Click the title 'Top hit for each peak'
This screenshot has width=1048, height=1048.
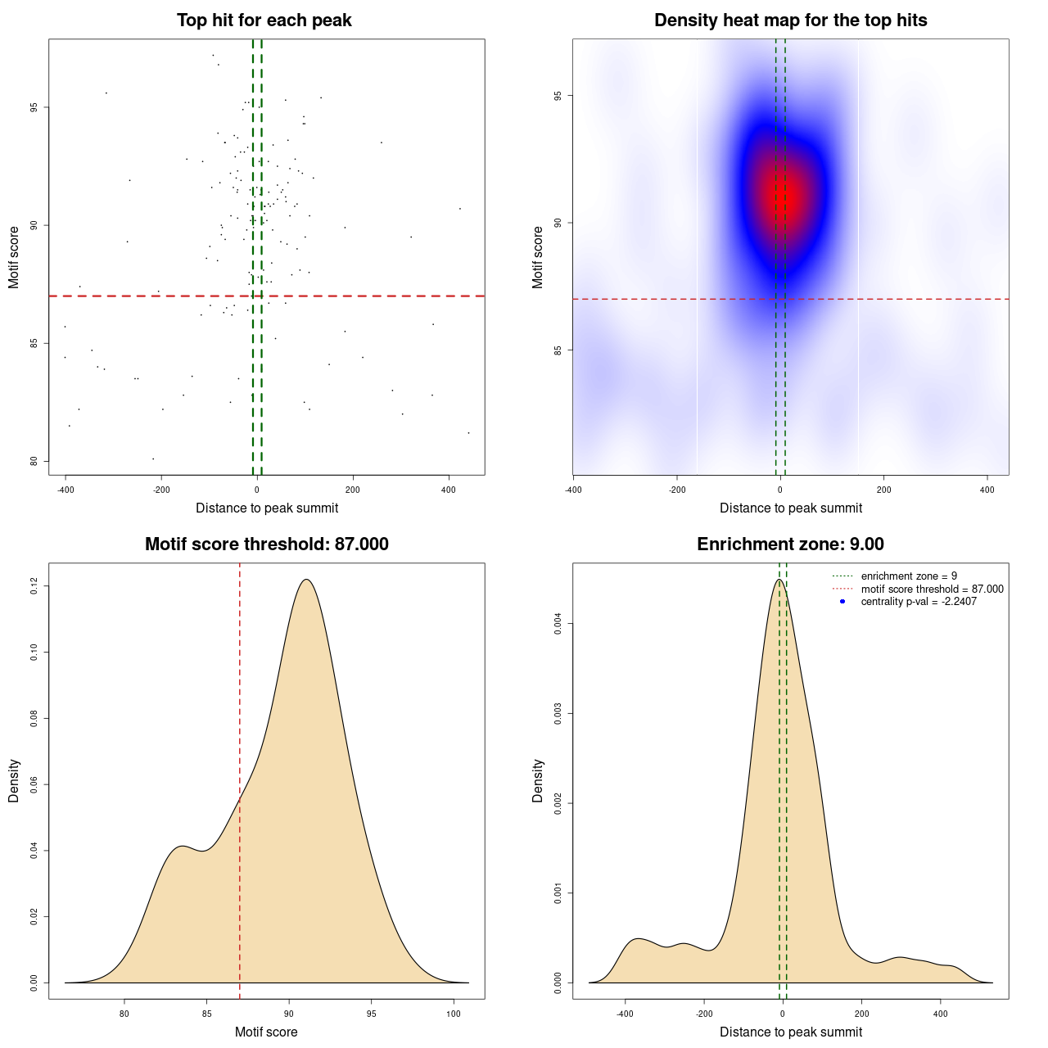[x=264, y=20]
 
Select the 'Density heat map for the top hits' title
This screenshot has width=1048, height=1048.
[x=790, y=20]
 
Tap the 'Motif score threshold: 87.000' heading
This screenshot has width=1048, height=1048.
[x=266, y=544]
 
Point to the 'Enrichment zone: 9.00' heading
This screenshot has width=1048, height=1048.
[x=790, y=544]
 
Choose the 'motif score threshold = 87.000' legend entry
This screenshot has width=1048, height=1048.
[x=932, y=589]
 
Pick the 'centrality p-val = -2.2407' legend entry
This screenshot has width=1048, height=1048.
[x=919, y=602]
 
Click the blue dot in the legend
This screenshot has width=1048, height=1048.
[x=842, y=602]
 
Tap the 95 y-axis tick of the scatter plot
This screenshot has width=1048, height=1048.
[x=34, y=107]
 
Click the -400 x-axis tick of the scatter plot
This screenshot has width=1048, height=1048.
[x=65, y=490]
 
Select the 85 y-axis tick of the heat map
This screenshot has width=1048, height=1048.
[x=558, y=350]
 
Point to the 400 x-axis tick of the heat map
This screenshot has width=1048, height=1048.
[x=987, y=490]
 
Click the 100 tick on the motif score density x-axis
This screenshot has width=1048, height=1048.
[x=453, y=1014]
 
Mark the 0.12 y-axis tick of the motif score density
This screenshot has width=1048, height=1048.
[x=34, y=586]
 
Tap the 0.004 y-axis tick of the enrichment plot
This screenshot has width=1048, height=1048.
[x=558, y=624]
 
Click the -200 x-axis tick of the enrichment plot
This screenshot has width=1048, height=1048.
[x=704, y=1014]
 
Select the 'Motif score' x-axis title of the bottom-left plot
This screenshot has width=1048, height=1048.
[x=266, y=1032]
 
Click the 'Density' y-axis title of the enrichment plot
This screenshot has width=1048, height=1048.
[x=538, y=780]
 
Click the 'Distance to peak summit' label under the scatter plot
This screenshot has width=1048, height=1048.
[x=267, y=508]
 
